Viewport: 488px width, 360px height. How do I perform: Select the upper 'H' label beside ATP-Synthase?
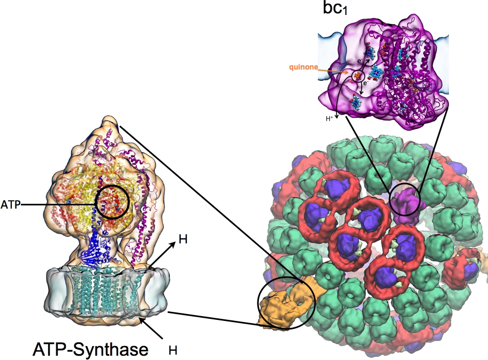[182, 240]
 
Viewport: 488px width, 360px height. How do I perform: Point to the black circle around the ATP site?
[112, 202]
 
